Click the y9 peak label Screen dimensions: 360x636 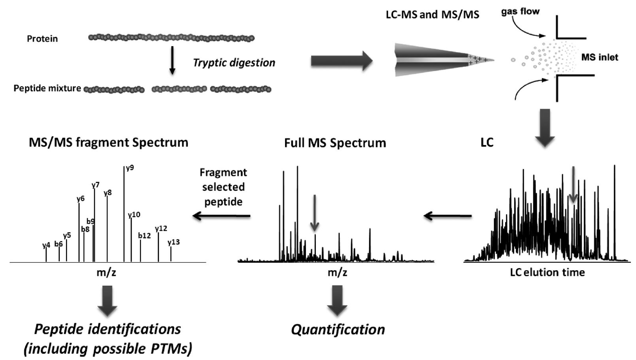pos(130,168)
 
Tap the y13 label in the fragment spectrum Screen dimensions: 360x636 pos(174,242)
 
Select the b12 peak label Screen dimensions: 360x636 pos(144,236)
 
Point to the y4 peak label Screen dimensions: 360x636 pos(46,245)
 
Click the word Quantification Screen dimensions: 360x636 pos(338,329)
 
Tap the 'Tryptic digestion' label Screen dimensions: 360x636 pos(234,62)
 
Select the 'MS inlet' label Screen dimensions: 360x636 pos(600,57)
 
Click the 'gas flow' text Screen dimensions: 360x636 pos(520,11)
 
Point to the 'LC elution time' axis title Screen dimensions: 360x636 pos(547,272)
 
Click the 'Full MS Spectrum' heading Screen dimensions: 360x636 pos(335,143)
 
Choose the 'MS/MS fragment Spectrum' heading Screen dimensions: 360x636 pos(109,142)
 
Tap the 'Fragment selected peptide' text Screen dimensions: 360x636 pos(223,187)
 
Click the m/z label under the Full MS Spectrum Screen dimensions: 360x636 pos(338,272)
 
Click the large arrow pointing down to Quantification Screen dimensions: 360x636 pos(337,300)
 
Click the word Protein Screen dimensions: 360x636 pos(42,39)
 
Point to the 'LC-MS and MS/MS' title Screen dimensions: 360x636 pos(432,15)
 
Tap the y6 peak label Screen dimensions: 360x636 pos(81,199)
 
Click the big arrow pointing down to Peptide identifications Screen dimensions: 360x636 pos(107,300)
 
